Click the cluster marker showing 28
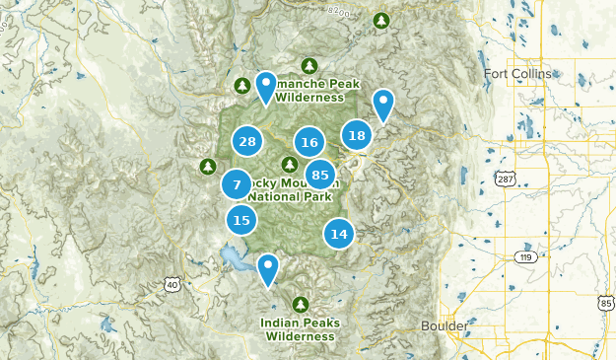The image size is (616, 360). tap(247, 142)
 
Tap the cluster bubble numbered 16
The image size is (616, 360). tap(309, 143)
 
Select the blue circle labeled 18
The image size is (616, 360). tap(357, 136)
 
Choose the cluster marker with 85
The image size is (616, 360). tap(319, 176)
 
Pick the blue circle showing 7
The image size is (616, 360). tap(237, 184)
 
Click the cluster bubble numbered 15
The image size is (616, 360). tap(241, 220)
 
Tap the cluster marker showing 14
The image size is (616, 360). tap(339, 234)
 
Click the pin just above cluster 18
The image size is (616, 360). tap(383, 104)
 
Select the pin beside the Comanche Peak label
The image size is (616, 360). tap(266, 88)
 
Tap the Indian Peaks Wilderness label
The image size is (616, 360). tap(300, 328)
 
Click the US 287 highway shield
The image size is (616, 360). tap(506, 180)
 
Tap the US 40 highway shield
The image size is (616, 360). tap(172, 285)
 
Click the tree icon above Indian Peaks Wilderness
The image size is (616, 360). tap(301, 303)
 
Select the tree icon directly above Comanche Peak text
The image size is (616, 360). tap(309, 66)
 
